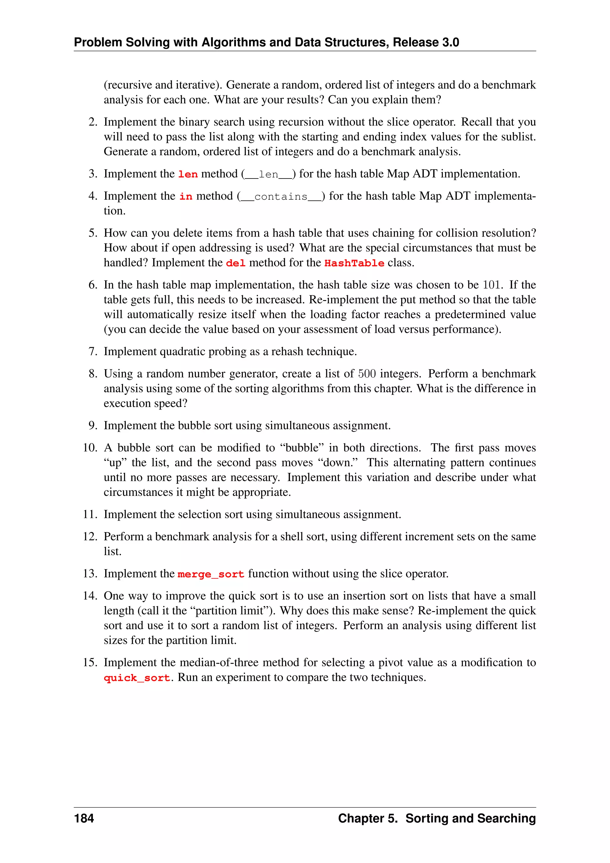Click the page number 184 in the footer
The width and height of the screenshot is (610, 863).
coord(84,818)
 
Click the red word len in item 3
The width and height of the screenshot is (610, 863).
coord(188,174)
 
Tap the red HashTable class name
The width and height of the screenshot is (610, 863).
coord(354,263)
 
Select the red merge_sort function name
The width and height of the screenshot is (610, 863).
coord(211,574)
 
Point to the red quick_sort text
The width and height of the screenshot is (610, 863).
coord(137,678)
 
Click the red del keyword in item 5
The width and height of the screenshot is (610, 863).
coord(236,263)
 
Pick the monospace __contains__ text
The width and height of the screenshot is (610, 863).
coord(281,197)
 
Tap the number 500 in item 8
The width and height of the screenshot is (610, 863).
coord(367,374)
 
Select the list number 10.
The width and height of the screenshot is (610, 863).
coord(90,448)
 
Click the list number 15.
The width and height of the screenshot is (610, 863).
coord(90,662)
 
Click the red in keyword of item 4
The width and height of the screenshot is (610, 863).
coord(186,197)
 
